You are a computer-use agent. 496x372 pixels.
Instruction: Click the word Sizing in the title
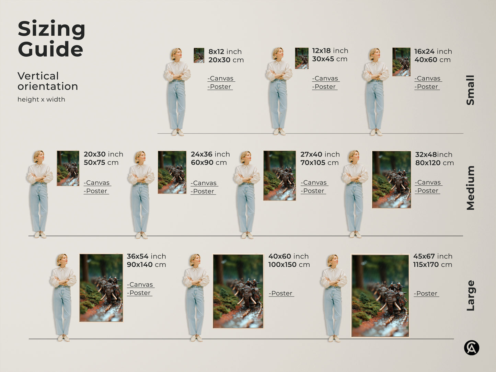coord(51,30)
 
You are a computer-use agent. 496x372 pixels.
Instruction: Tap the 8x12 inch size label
coord(225,51)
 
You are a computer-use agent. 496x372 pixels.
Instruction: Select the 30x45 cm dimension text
coord(330,59)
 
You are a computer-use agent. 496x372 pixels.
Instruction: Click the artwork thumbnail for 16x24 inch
coord(401,62)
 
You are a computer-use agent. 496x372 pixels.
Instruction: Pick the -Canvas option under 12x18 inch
coord(325,79)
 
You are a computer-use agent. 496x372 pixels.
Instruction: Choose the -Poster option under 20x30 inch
coord(96,191)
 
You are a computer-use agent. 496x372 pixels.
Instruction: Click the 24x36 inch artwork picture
coord(172,172)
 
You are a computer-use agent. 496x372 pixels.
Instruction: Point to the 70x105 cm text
coord(319,163)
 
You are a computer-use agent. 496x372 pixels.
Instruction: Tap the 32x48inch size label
coord(434,154)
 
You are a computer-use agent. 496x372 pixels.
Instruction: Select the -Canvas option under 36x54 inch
coord(140,285)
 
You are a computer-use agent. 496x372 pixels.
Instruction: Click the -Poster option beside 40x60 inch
coord(281,293)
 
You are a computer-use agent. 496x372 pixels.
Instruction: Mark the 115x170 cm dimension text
coord(432,265)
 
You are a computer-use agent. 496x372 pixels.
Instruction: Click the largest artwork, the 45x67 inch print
coord(380,295)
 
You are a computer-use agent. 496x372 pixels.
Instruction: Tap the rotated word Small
coord(470,90)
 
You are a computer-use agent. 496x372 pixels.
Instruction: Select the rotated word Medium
coord(470,188)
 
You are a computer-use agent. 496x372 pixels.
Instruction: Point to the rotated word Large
coord(470,295)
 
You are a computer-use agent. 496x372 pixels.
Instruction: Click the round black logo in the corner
coord(472,348)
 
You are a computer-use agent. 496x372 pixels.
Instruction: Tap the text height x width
coord(41,100)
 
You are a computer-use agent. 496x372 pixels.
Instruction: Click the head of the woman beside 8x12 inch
coord(176,54)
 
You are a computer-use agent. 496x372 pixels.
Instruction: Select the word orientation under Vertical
coord(48,86)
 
